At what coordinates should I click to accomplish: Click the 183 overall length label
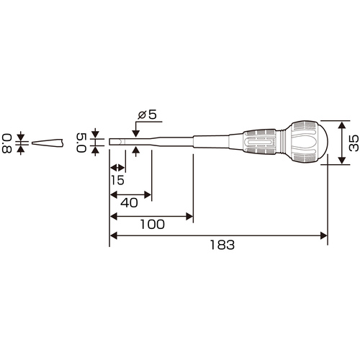(222, 245)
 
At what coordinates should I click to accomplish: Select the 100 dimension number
(153, 225)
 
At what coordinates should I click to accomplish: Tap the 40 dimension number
(129, 203)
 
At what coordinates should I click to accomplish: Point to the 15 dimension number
(117, 180)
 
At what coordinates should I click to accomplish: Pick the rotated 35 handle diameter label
(354, 143)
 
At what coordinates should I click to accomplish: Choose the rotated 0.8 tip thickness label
(7, 143)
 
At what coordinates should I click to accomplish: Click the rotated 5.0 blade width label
(81, 143)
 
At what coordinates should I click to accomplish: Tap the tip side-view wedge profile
(48, 143)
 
